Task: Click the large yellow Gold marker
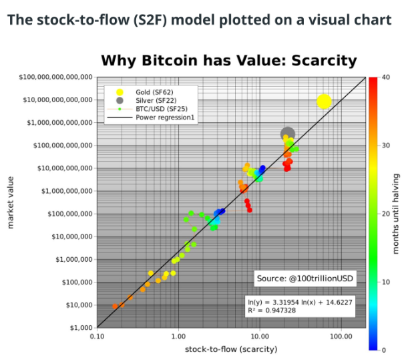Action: click(x=324, y=102)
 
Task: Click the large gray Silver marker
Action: click(x=288, y=134)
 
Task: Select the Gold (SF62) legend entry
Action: click(x=154, y=92)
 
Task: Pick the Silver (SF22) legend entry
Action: click(x=156, y=101)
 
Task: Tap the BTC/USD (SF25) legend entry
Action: click(x=162, y=109)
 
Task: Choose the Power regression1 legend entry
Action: click(x=165, y=118)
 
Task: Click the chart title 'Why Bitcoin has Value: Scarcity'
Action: click(x=229, y=61)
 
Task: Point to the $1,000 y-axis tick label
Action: click(x=81, y=328)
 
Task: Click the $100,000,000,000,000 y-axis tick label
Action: click(x=55, y=77)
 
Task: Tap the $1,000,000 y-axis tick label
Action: click(x=74, y=259)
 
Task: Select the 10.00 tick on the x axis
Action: click(x=260, y=337)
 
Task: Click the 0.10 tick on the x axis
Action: click(x=97, y=337)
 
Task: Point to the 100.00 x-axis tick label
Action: click(x=341, y=337)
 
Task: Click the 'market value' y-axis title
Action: click(x=10, y=202)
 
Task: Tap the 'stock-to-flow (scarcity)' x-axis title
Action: click(x=231, y=349)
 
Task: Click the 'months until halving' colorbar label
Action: click(x=396, y=214)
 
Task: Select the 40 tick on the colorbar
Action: click(x=386, y=77)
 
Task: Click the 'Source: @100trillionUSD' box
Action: click(x=305, y=279)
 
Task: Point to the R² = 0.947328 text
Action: click(x=272, y=311)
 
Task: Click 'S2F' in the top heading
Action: click(x=150, y=20)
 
